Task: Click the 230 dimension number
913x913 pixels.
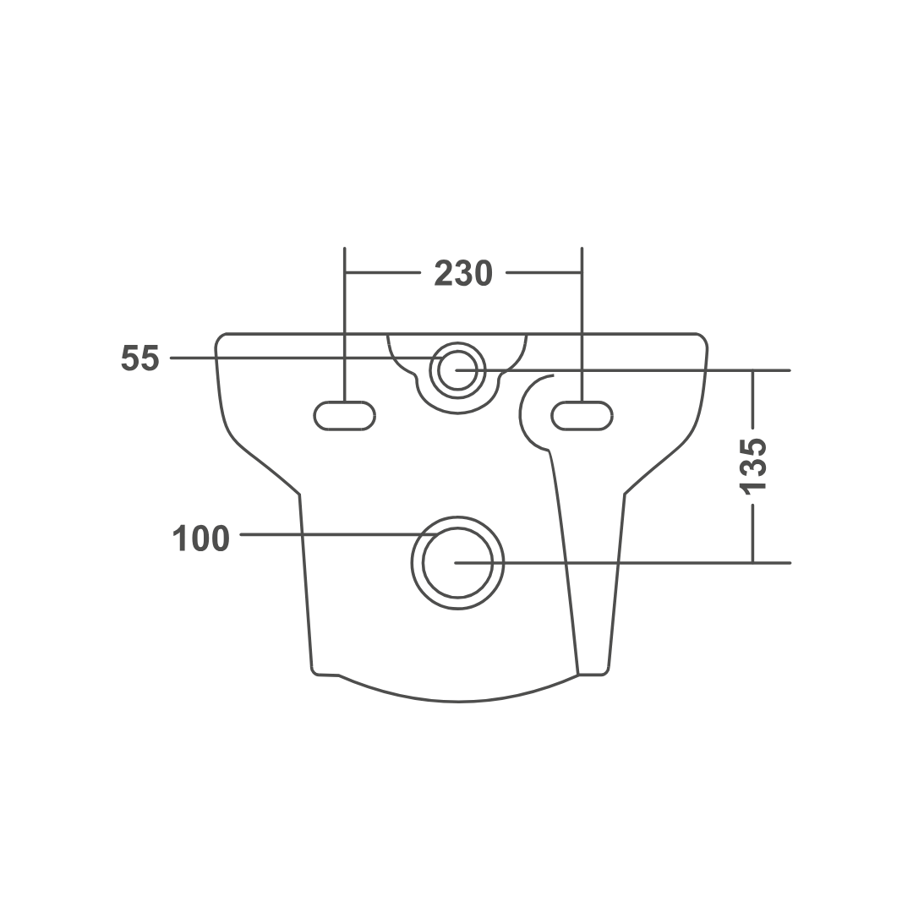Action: [x=463, y=274]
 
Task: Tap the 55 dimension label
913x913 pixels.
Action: [x=139, y=358]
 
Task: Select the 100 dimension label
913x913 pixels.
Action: [x=201, y=539]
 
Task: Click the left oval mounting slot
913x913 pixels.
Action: [x=345, y=416]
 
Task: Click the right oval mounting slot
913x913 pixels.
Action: [x=582, y=416]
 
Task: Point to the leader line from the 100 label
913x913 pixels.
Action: [x=339, y=534]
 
